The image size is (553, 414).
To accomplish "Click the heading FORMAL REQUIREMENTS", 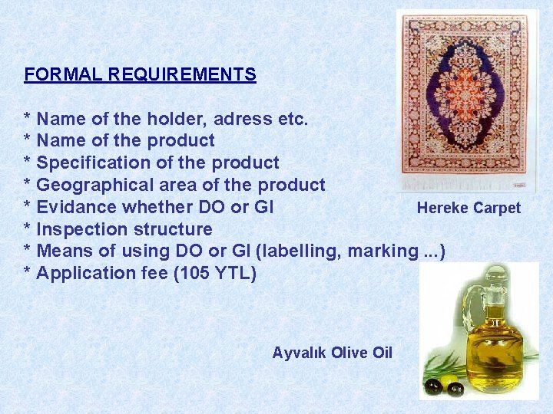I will [140, 74].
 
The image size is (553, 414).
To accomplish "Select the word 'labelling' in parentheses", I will [308, 251].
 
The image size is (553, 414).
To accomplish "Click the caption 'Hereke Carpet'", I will [469, 208].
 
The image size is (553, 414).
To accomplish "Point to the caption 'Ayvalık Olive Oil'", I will [332, 353].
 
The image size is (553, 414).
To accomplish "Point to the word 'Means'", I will [61, 251].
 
